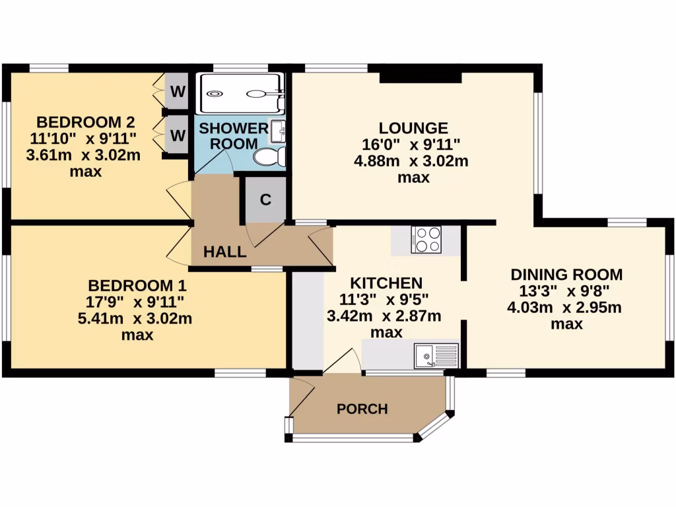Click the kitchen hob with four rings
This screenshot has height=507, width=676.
(426, 240)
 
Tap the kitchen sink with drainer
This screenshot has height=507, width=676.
(436, 356)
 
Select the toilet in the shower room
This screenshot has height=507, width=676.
(271, 156)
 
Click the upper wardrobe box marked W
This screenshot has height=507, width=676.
(177, 92)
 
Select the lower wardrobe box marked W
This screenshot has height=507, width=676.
(177, 135)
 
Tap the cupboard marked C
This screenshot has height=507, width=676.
(265, 200)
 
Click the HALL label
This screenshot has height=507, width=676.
(224, 252)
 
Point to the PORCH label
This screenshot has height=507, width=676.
(362, 409)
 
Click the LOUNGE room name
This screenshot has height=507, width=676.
(413, 128)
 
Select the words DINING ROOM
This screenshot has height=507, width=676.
(566, 274)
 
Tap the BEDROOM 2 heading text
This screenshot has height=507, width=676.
(86, 122)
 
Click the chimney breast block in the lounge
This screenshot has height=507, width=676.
(421, 77)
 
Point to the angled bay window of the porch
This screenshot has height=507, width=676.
(436, 426)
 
